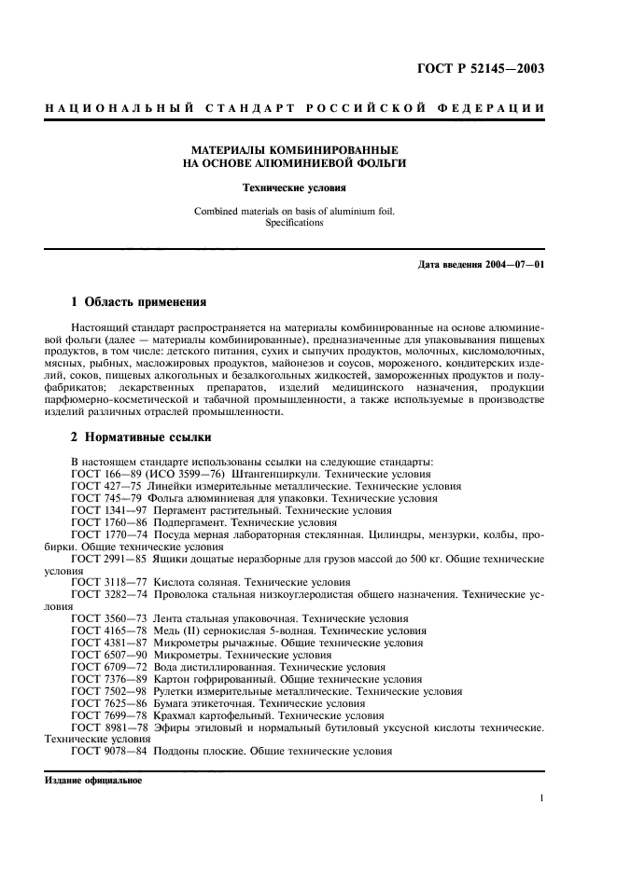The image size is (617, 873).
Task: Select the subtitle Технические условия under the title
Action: point(294,187)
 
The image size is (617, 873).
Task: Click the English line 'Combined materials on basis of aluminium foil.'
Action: point(294,211)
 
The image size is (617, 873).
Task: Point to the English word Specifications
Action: point(294,223)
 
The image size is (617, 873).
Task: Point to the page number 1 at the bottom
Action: point(541,798)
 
